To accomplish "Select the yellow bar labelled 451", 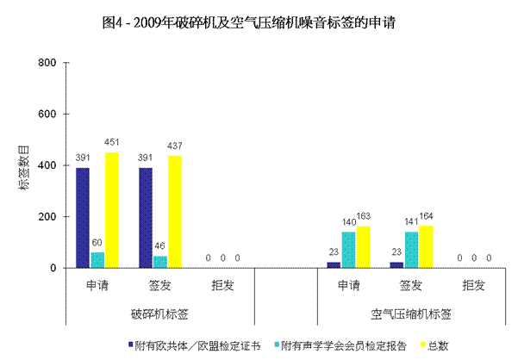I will tap(112, 210).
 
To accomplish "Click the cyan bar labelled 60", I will tap(97, 259).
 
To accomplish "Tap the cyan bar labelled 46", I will tap(159, 261).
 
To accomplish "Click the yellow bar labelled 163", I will tap(364, 247).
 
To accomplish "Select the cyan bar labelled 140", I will tap(348, 250).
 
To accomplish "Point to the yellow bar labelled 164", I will tap(427, 247).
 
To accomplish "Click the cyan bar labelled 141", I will tap(411, 250).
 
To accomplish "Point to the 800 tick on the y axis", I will tap(47, 63).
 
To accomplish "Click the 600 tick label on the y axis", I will tap(47, 115).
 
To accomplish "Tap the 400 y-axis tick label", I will tap(47, 165).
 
